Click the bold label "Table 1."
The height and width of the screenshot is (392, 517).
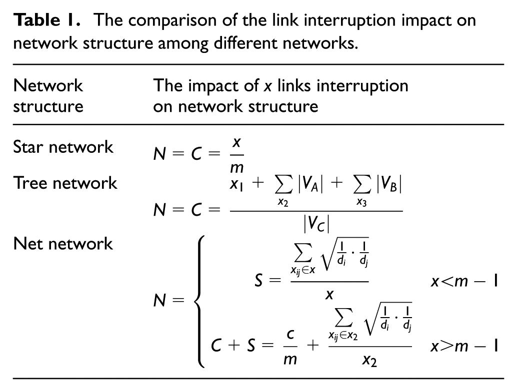point(47,20)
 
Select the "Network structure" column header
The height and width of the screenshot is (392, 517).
point(48,96)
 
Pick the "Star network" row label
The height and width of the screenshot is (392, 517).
point(63,147)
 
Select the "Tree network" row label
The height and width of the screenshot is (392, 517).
point(65,183)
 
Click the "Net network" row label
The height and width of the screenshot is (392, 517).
point(63,244)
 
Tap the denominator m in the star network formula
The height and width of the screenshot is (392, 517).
point(236,168)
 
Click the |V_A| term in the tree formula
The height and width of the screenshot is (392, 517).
point(310,183)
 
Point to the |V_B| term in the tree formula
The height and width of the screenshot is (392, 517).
point(389,183)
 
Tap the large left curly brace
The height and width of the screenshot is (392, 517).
point(199,301)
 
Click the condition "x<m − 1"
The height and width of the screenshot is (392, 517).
point(464,282)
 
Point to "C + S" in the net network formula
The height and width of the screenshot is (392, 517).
point(233,346)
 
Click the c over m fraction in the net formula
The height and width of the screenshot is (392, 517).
point(290,347)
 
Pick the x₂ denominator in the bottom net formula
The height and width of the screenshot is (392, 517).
point(369,361)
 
